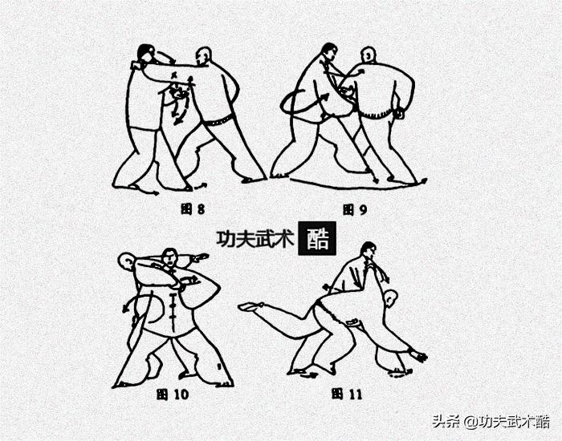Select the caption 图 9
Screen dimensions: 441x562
point(354,210)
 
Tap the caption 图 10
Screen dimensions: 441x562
point(174,394)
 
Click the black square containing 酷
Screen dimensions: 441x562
point(317,238)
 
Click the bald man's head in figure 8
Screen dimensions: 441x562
point(204,55)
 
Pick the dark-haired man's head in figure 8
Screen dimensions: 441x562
point(146,54)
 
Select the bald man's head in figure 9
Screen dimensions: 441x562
point(369,55)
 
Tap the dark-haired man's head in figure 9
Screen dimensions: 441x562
point(328,51)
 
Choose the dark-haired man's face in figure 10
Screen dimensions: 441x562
point(169,258)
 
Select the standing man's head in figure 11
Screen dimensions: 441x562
point(368,251)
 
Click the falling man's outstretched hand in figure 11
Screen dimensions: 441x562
point(417,355)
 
